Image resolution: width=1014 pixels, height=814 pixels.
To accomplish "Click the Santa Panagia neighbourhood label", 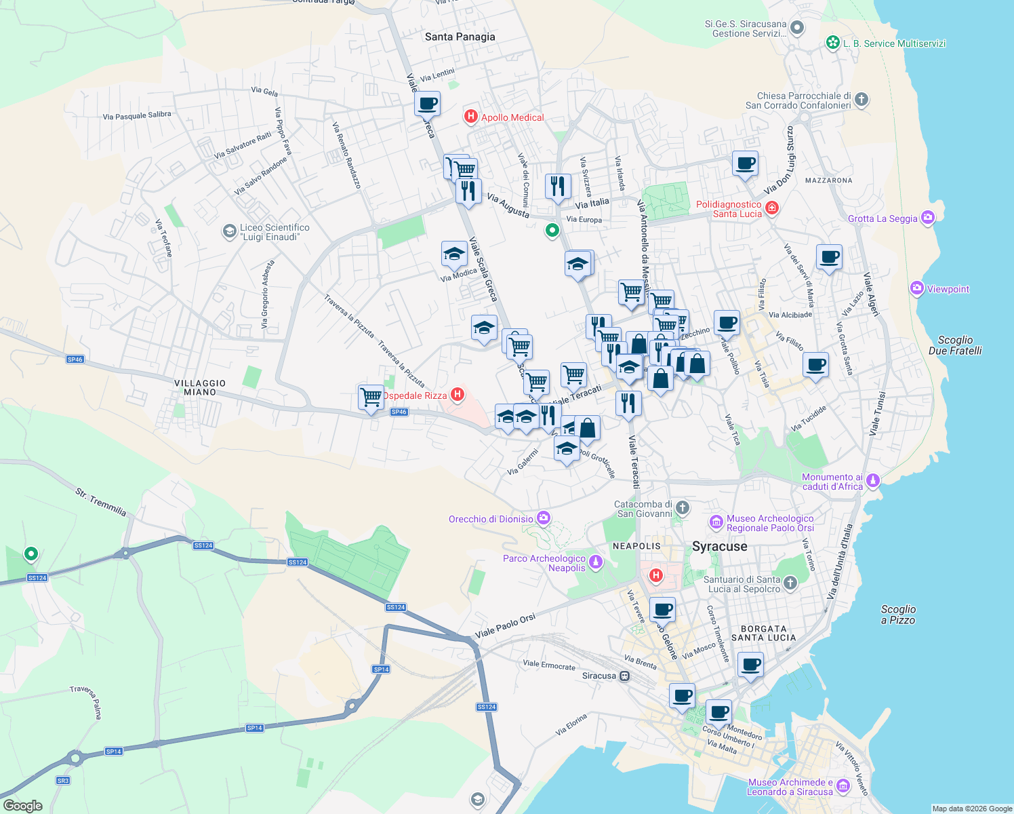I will [460, 37].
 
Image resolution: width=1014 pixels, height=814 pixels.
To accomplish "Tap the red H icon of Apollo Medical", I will [470, 117].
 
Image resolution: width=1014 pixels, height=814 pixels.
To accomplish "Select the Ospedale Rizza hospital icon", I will [458, 394].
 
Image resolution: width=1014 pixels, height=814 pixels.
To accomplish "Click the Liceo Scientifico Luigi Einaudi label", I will [274, 232].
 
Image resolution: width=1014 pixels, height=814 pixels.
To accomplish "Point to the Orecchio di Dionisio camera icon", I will [544, 518].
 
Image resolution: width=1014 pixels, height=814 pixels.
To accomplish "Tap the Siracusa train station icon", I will [625, 676].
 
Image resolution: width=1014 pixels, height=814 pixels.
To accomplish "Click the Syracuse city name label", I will [719, 546].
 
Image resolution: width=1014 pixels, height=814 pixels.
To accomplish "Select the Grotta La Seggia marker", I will [928, 218].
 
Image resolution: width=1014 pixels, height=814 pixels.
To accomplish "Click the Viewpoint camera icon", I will [917, 289].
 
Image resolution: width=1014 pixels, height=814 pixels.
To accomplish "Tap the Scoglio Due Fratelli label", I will [954, 345].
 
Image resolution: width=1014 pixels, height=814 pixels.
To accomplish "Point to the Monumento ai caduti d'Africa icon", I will [873, 481].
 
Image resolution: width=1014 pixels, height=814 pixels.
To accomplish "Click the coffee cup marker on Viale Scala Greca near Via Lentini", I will [427, 104].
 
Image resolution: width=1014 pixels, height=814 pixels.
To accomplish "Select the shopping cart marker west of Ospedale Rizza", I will [371, 396].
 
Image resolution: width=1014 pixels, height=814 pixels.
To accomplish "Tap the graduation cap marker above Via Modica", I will [454, 254].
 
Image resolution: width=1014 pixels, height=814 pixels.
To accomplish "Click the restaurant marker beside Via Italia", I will [558, 186].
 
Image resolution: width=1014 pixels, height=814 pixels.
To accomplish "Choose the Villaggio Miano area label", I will [200, 387].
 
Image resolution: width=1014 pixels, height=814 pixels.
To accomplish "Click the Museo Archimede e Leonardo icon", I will [843, 786].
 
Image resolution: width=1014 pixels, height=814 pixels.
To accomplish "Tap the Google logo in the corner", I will [22, 805].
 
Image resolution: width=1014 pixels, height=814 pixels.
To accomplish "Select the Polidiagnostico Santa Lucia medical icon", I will [771, 208].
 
